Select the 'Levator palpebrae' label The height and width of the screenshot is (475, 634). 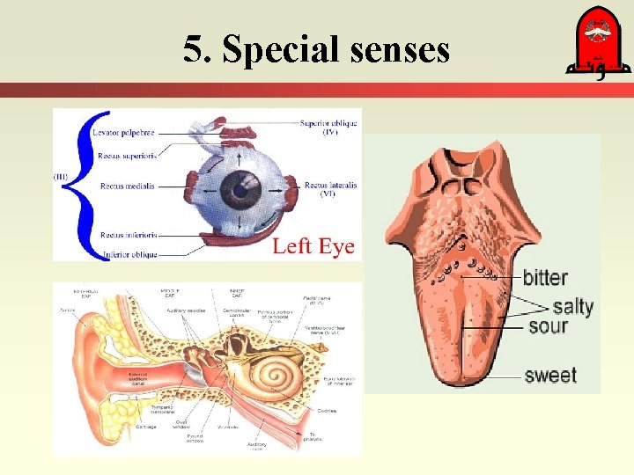pyautogui.click(x=123, y=133)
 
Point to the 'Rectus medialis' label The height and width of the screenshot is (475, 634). pyautogui.click(x=127, y=186)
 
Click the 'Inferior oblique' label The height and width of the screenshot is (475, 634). pyautogui.click(x=129, y=254)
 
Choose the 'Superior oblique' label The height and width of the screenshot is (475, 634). pyautogui.click(x=328, y=124)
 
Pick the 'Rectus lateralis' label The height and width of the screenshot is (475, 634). pyautogui.click(x=330, y=186)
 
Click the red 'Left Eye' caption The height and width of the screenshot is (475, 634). pyautogui.click(x=313, y=246)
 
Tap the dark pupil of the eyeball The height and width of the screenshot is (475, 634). pyautogui.click(x=236, y=187)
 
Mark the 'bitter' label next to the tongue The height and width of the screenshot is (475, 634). pyautogui.click(x=545, y=278)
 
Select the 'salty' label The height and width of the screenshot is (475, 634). pyautogui.click(x=572, y=307)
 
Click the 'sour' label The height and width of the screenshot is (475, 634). pyautogui.click(x=548, y=327)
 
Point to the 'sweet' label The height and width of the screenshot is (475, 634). pyautogui.click(x=550, y=376)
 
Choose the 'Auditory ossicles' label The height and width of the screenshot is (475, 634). pyautogui.click(x=186, y=311)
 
